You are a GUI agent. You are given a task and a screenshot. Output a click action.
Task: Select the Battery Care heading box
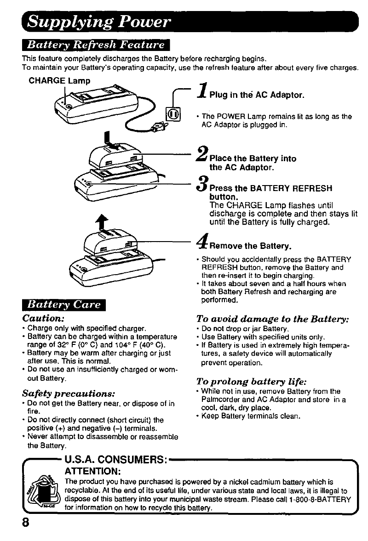point(65,305)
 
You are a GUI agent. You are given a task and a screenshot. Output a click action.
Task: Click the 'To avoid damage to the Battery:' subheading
point(273,319)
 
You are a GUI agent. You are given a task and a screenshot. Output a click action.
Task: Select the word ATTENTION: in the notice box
point(93,472)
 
